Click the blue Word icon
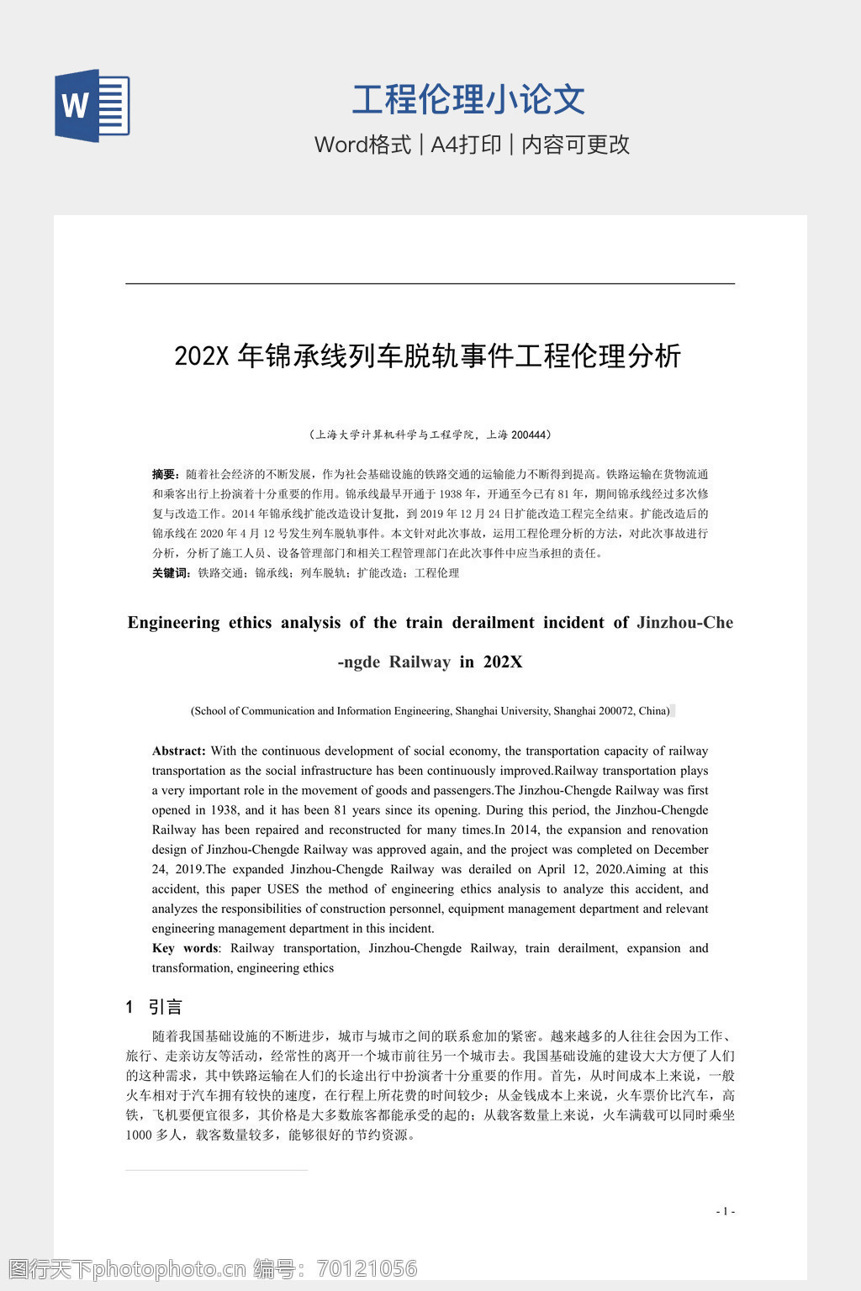92,105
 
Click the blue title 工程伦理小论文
468,99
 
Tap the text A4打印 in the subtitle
466,145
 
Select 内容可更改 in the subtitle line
576,145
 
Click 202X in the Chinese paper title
202,356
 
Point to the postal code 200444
529,435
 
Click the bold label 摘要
164,474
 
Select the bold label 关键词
171,572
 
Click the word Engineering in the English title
173,623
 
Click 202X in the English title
503,662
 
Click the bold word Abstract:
178,751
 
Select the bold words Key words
185,948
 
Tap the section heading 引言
165,1007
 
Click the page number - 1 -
725,1211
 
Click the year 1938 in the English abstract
224,810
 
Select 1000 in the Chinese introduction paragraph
139,1135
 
